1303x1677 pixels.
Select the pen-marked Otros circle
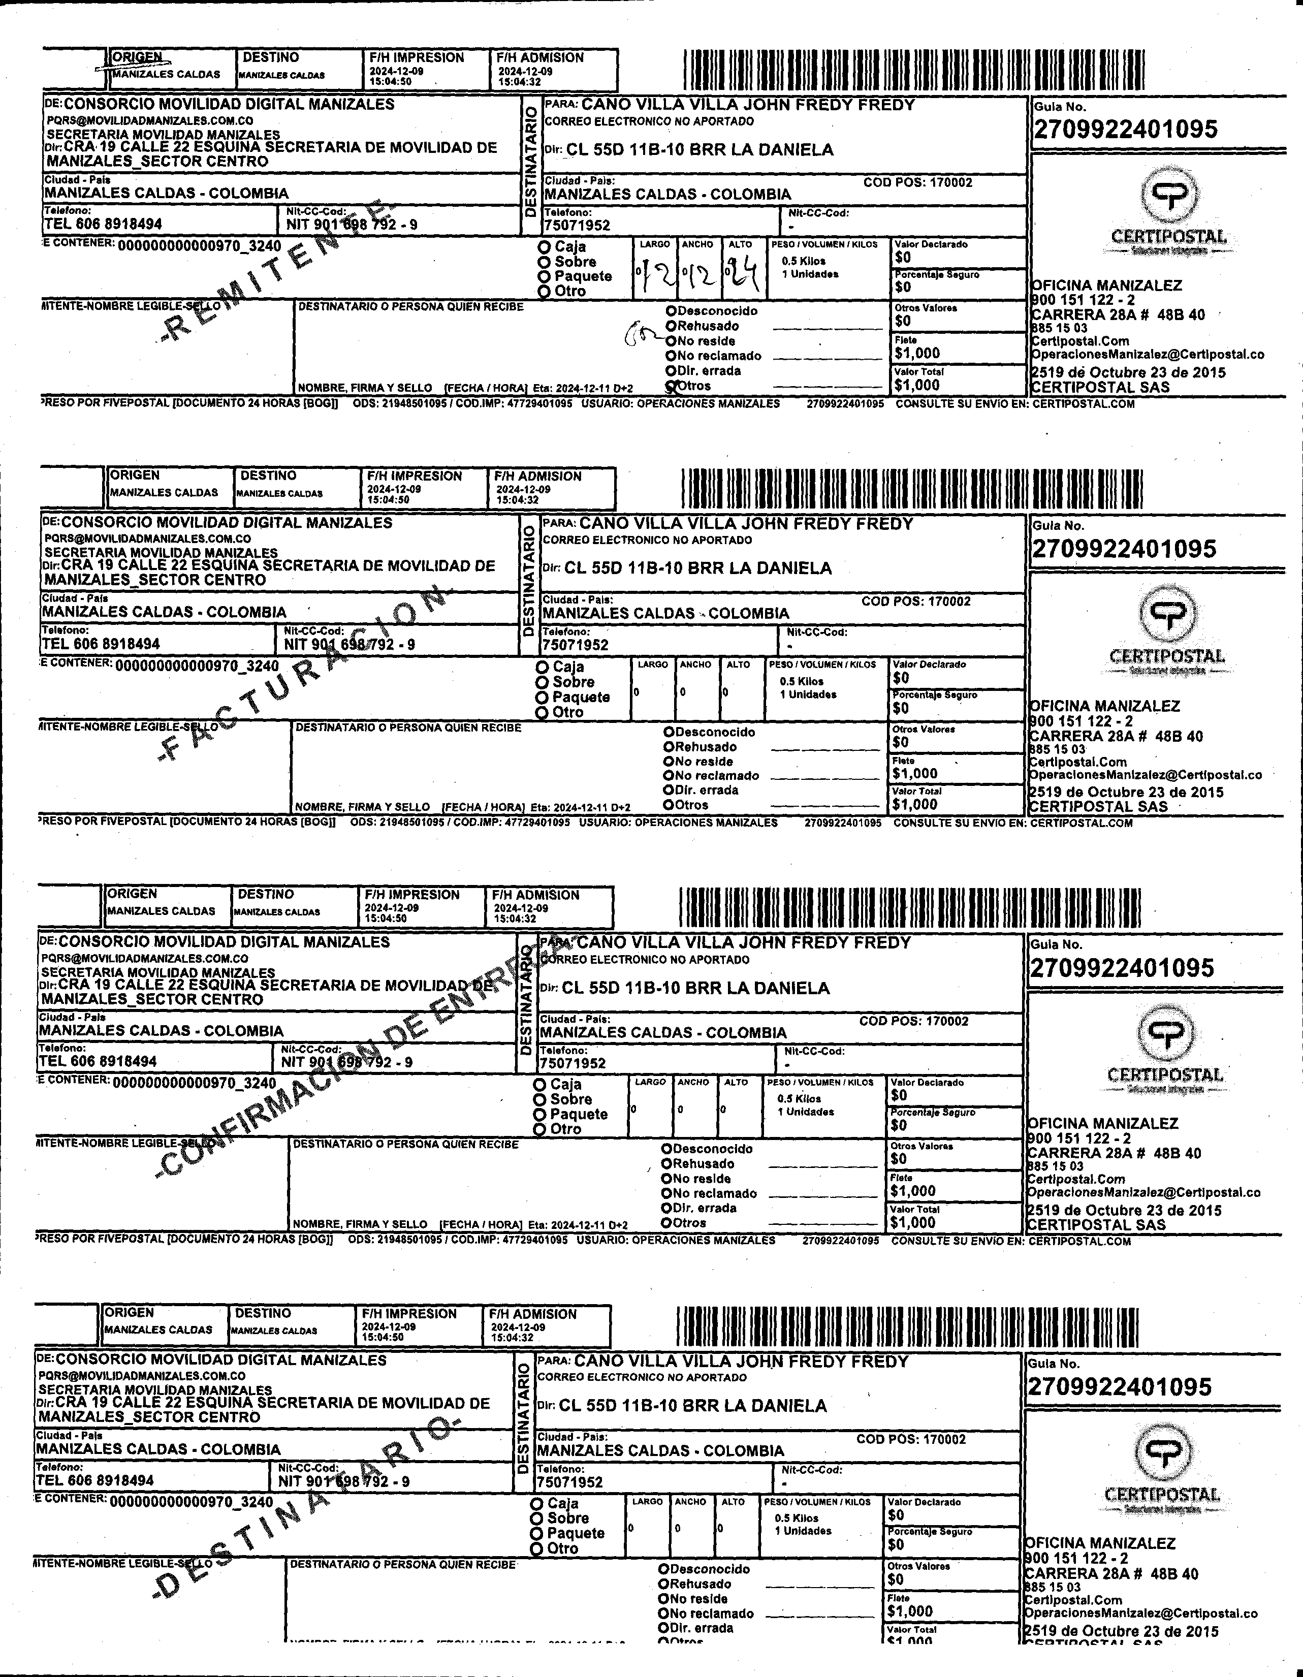point(671,386)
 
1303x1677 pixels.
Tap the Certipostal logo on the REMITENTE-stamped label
point(1168,209)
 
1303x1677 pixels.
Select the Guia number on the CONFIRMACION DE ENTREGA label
point(1121,967)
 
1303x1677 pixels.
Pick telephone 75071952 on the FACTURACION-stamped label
point(575,645)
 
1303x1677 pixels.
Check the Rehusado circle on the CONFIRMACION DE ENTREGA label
point(666,1163)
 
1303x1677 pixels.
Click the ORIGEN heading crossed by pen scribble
point(137,57)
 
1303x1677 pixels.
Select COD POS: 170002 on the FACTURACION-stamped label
point(915,601)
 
